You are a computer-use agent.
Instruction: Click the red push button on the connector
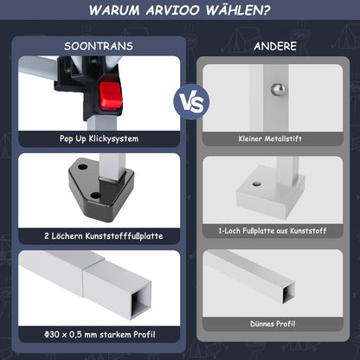(111, 95)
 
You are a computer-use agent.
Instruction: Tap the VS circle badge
(191, 102)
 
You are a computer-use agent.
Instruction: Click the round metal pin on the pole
(278, 90)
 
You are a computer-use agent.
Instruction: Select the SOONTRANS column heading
(99, 46)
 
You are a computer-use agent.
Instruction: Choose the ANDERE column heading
(275, 46)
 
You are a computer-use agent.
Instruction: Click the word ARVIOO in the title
(172, 10)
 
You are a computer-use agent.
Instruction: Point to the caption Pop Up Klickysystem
(99, 138)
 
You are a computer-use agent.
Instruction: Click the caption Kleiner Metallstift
(270, 138)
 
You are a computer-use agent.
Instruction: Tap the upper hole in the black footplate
(83, 167)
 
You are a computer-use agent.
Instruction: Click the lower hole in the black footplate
(96, 196)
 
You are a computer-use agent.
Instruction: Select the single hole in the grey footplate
(256, 183)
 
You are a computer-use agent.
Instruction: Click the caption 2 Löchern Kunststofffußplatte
(104, 236)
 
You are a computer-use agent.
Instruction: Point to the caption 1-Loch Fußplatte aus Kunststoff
(273, 231)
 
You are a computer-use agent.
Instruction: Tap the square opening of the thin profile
(288, 293)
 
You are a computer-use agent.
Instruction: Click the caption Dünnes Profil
(273, 324)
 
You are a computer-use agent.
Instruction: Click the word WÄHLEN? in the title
(238, 10)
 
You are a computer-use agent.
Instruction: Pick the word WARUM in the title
(114, 10)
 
